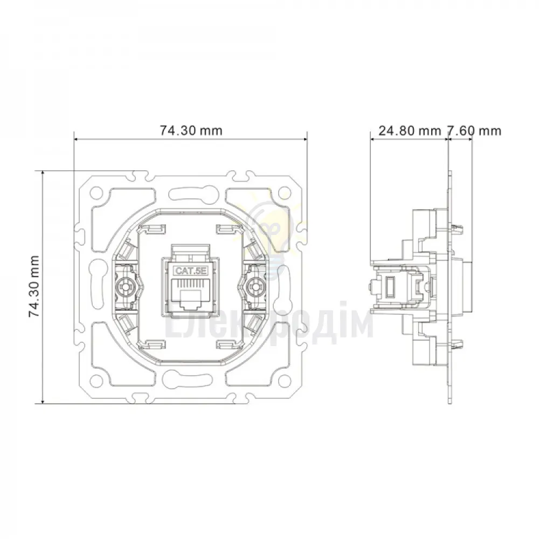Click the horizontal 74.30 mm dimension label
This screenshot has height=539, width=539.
point(191,130)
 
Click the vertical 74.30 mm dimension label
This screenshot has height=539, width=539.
point(34,287)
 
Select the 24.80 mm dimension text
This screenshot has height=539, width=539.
point(410,131)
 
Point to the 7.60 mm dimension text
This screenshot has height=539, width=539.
point(474,131)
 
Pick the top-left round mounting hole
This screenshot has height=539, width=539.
point(97,191)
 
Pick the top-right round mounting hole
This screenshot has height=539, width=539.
point(284,191)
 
